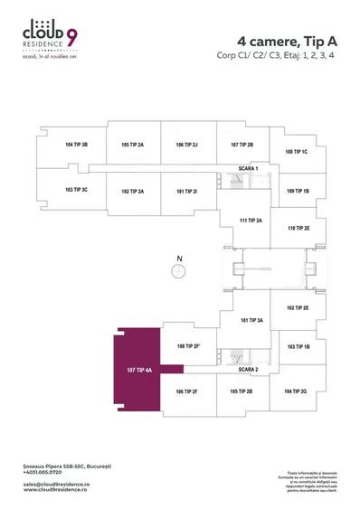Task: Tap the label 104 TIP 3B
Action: (x=77, y=145)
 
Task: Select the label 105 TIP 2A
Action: (x=133, y=145)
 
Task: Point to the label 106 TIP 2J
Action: (x=187, y=145)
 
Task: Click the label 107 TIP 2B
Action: (x=242, y=145)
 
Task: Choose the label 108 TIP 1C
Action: (x=297, y=152)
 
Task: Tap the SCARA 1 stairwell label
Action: (x=248, y=169)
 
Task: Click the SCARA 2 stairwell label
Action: (x=248, y=370)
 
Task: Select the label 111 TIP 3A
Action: (x=250, y=221)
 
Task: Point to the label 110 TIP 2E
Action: (x=298, y=229)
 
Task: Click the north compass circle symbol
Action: (x=180, y=269)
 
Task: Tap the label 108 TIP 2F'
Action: (x=187, y=346)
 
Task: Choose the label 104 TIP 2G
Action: (x=297, y=391)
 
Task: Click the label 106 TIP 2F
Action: (x=186, y=391)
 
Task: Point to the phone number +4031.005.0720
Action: (x=43, y=473)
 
